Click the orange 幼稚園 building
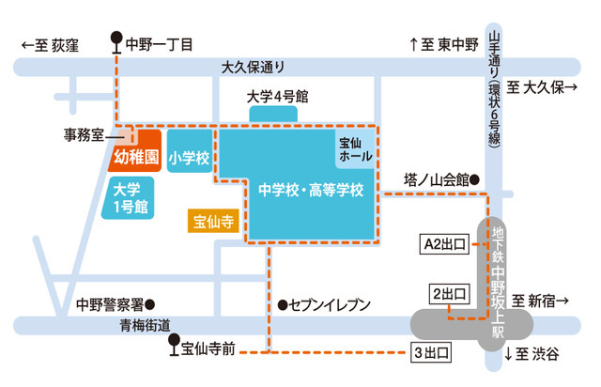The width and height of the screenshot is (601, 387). [x=139, y=156]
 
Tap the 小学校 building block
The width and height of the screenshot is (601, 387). [x=189, y=158]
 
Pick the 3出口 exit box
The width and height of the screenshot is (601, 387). [x=431, y=353]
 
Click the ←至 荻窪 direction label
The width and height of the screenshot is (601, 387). [x=52, y=44]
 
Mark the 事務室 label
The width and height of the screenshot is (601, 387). [x=84, y=132]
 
